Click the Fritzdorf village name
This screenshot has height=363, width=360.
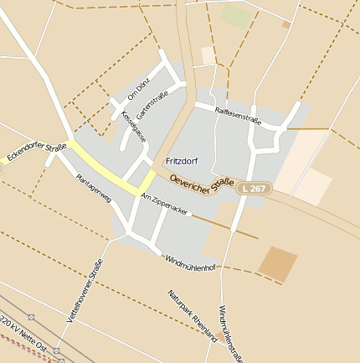(x=183, y=159)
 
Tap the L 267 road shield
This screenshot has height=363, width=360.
(x=252, y=188)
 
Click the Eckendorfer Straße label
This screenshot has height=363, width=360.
(x=35, y=152)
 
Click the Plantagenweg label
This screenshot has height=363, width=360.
(x=93, y=189)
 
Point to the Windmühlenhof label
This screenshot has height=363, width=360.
(x=191, y=262)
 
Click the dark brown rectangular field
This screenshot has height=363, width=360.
(x=277, y=264)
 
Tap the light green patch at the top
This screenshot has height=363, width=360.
(x=235, y=15)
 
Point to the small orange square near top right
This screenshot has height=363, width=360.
(x=285, y=25)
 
